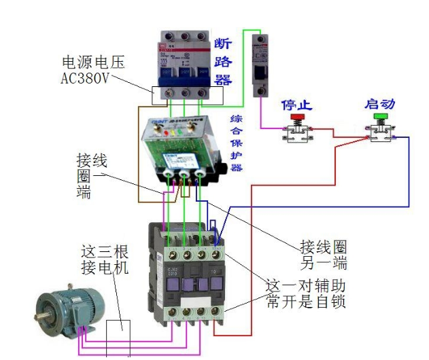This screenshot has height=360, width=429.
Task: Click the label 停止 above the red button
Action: (296, 105)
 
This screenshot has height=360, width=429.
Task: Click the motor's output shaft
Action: (43, 314)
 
